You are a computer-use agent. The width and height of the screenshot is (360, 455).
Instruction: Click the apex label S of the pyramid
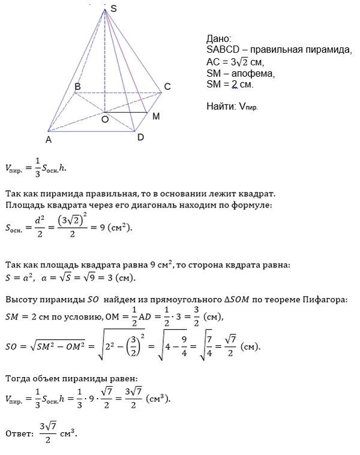click(x=114, y=7)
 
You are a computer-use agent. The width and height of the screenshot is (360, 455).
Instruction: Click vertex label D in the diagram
click(x=140, y=137)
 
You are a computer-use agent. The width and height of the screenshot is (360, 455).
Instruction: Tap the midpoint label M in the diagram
click(x=155, y=116)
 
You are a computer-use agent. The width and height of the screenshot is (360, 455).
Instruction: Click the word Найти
click(x=220, y=106)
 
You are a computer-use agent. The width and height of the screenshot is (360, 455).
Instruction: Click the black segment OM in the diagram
click(x=126, y=112)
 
